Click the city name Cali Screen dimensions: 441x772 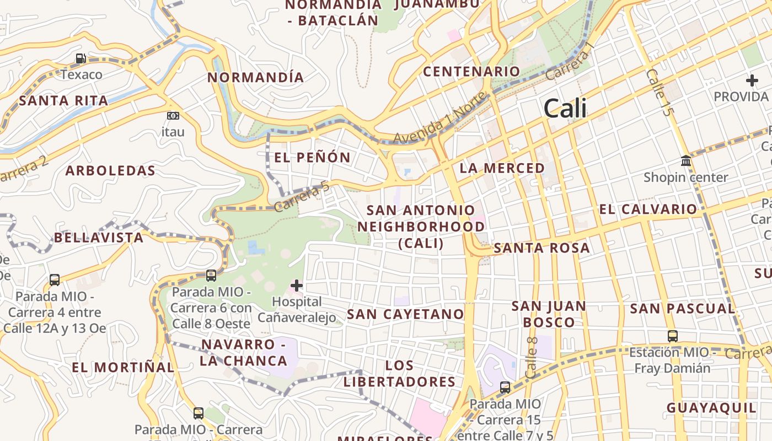(x=565, y=109)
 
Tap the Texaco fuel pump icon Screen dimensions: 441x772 (x=81, y=58)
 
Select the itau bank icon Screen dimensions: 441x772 (x=173, y=116)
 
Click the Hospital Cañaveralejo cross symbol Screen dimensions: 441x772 (x=297, y=286)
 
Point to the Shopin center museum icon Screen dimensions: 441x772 (x=686, y=160)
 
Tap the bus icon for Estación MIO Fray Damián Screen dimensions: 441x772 (x=672, y=336)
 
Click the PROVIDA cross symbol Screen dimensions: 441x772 (x=752, y=80)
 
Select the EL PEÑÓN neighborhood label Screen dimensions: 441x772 (x=312, y=158)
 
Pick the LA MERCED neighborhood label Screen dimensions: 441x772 (x=502, y=168)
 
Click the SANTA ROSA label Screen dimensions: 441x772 (x=542, y=248)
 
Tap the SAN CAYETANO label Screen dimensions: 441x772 (x=405, y=314)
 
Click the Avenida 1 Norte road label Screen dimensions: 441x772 (x=441, y=118)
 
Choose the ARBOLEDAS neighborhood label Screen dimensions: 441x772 (x=110, y=171)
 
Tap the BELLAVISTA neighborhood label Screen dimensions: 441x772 (x=98, y=238)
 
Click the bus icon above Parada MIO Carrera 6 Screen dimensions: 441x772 (x=211, y=276)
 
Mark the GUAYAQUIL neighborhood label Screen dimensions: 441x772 (x=711, y=408)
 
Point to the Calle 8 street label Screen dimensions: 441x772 (x=532, y=357)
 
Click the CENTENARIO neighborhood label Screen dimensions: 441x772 (x=471, y=72)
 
